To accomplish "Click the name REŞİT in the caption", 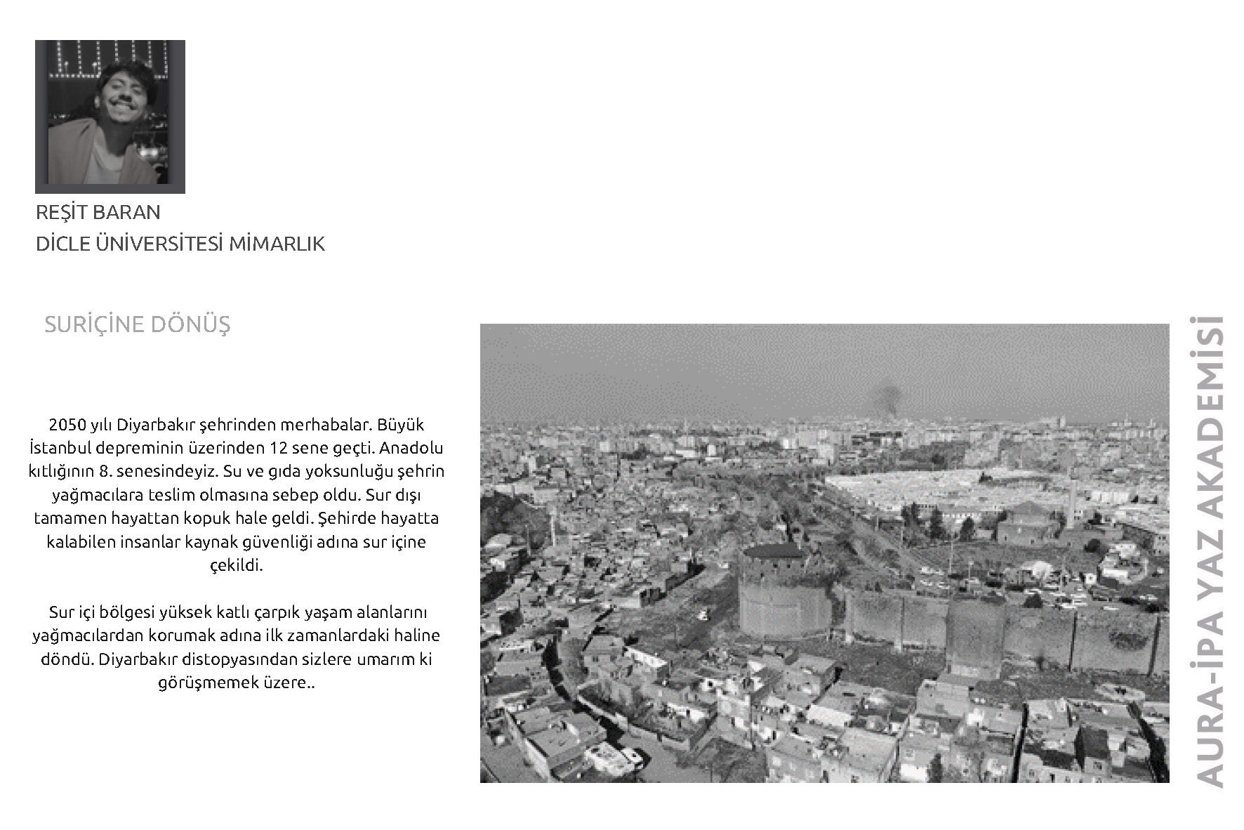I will pyautogui.click(x=61, y=212).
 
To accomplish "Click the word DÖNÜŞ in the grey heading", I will pyautogui.click(x=190, y=324).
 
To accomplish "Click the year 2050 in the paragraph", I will pyautogui.click(x=67, y=425).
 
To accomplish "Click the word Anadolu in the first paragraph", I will pyautogui.click(x=411, y=448).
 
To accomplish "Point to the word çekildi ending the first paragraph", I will pyautogui.click(x=236, y=565).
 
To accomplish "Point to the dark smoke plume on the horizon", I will pyautogui.click(x=887, y=399).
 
